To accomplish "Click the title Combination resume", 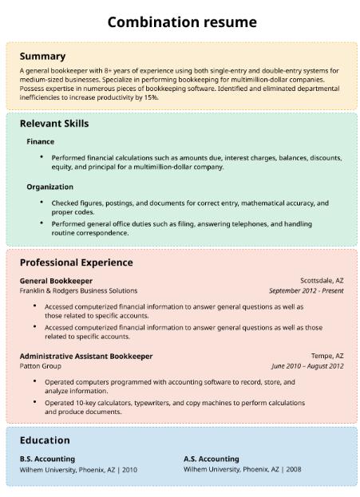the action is [x=182, y=22].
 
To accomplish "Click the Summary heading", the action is [x=42, y=57].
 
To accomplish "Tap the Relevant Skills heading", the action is [x=54, y=124].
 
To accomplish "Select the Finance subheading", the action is [x=40, y=142].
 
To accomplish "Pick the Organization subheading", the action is [x=49, y=187].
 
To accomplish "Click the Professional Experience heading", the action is [x=76, y=262].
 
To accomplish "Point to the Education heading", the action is [x=45, y=440].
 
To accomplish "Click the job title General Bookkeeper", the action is [x=56, y=281].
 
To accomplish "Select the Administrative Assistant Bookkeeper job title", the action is [x=86, y=356].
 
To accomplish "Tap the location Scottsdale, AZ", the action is [x=322, y=281].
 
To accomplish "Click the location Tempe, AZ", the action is [x=327, y=356].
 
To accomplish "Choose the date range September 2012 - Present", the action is [x=306, y=291].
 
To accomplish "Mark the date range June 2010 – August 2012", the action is [x=307, y=366].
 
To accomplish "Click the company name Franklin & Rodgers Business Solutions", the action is [x=78, y=291].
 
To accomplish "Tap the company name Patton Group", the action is [x=41, y=366].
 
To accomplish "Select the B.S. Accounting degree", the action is [x=47, y=459].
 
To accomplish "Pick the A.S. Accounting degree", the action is [x=211, y=459].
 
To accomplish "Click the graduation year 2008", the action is [x=293, y=470].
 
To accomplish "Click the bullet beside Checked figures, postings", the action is [x=42, y=203].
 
